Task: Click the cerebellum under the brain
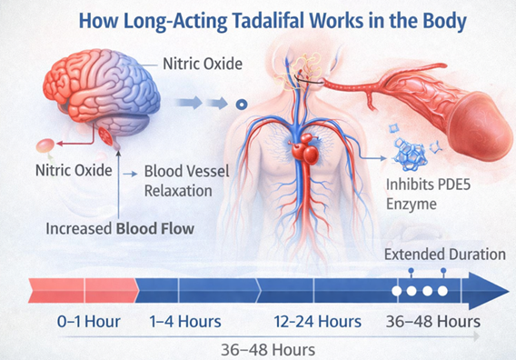[110, 137]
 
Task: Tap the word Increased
[77, 228]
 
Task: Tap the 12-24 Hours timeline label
[317, 321]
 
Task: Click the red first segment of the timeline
[56, 291]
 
